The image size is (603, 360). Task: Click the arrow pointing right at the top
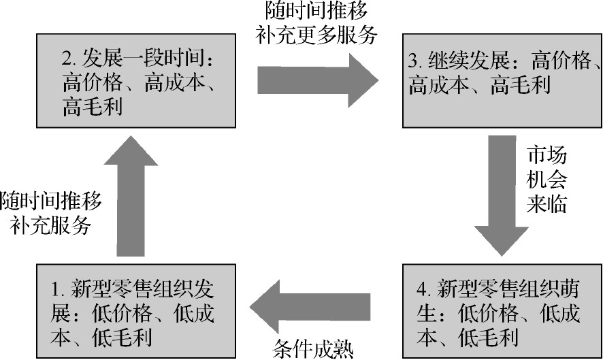[317, 80]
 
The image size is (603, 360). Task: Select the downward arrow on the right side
[504, 197]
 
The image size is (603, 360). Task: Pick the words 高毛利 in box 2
[93, 107]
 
